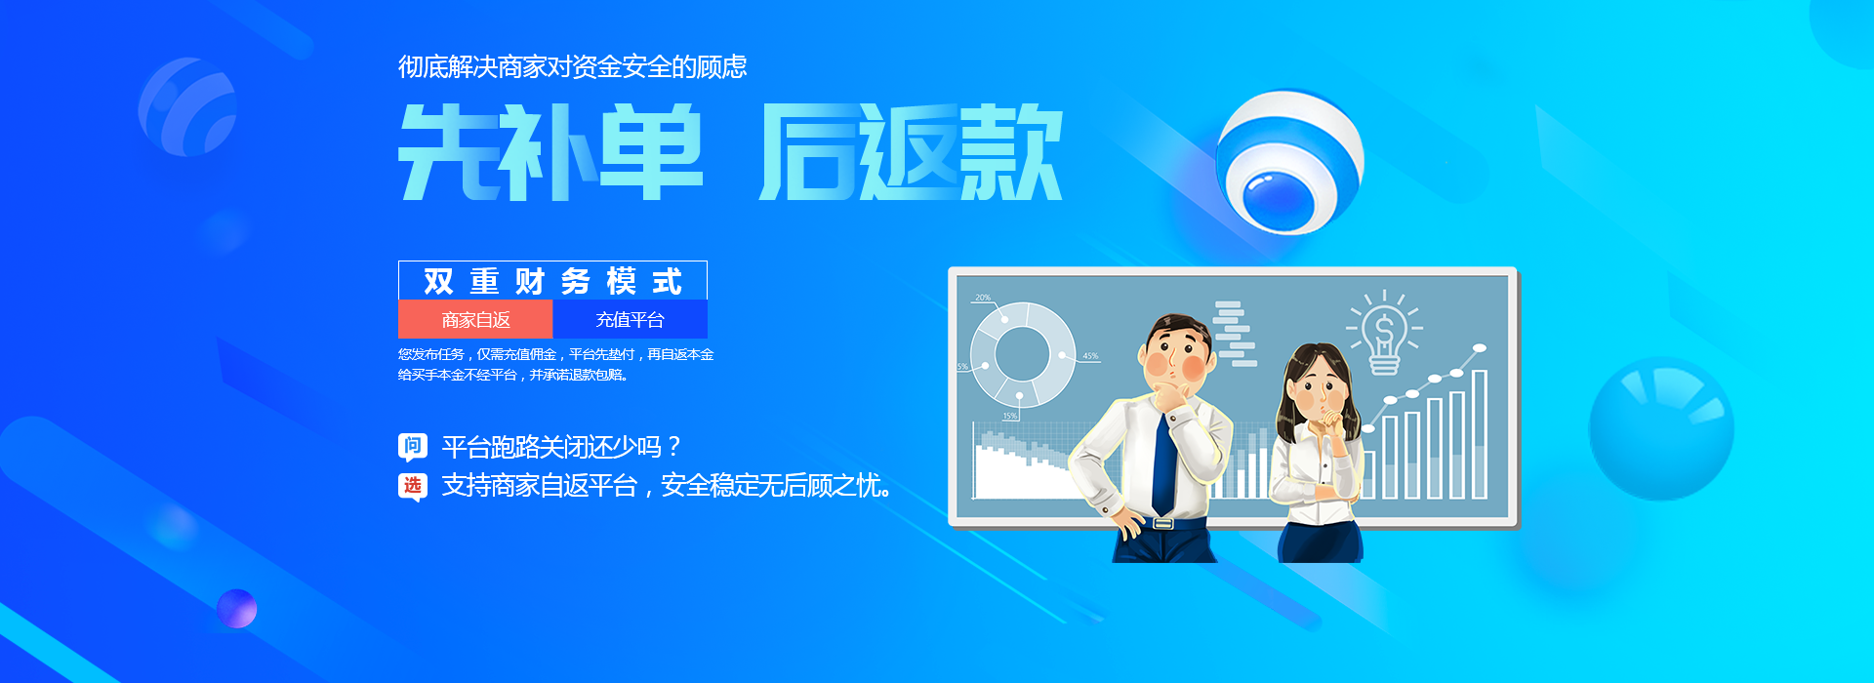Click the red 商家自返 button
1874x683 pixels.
[475, 319]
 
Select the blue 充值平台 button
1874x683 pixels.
[630, 319]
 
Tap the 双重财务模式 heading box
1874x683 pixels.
[552, 281]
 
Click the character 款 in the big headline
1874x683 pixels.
[1011, 153]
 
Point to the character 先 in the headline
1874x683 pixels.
[449, 153]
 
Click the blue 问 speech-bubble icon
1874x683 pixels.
[413, 447]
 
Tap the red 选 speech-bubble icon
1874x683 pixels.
[413, 486]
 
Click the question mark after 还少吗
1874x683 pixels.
[673, 448]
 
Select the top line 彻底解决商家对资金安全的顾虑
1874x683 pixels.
[572, 66]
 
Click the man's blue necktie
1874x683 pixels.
[1164, 463]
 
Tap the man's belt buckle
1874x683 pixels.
[1162, 523]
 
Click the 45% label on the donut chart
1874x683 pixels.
[1090, 356]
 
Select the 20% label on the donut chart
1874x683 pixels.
[982, 298]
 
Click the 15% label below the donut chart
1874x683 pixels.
[1009, 416]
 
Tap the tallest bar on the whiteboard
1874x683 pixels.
[1479, 434]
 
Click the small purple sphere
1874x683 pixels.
[237, 609]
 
